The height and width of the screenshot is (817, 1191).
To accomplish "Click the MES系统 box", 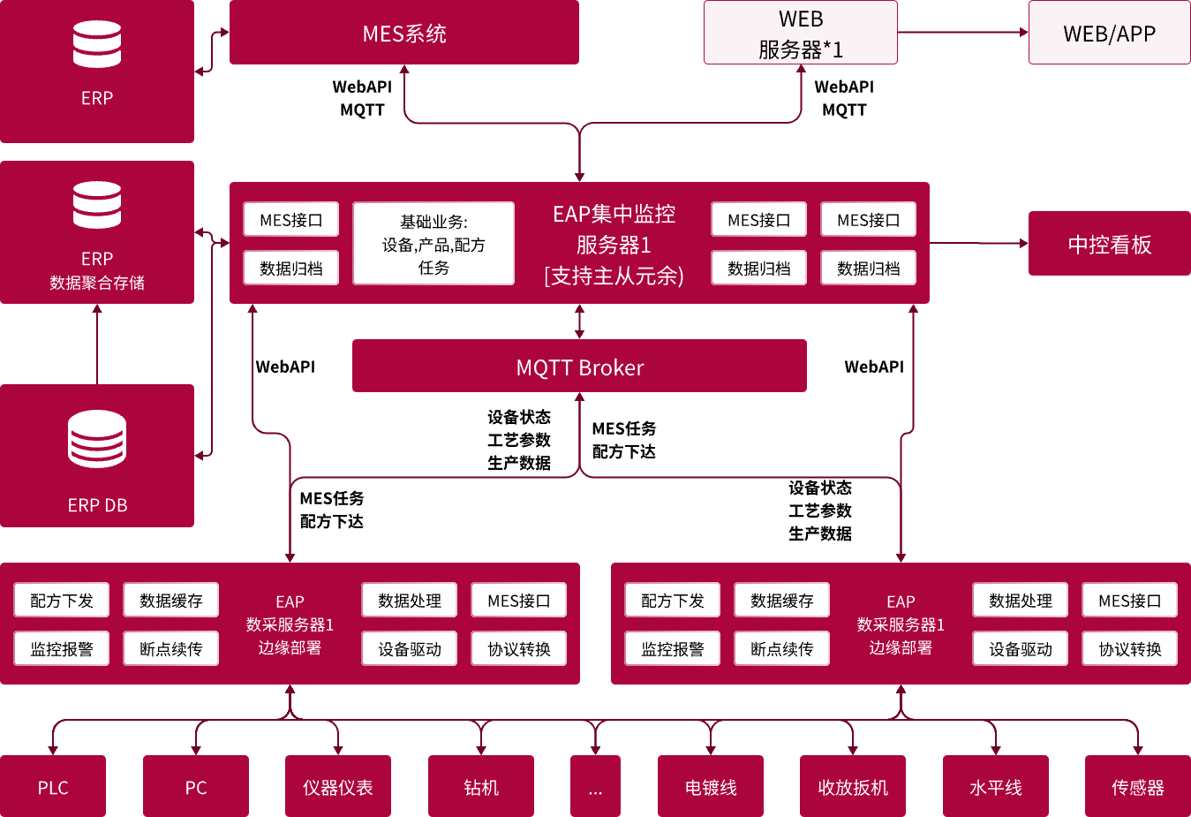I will (403, 33).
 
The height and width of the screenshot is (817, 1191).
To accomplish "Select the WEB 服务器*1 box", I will (800, 34).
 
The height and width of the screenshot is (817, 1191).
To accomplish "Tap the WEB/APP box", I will (1109, 34).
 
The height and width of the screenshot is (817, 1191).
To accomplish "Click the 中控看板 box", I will (1109, 244).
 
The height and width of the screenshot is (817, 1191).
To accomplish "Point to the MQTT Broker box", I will (579, 367).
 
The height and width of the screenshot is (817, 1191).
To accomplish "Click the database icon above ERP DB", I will (97, 439).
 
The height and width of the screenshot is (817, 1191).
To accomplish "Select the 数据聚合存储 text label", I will (97, 283).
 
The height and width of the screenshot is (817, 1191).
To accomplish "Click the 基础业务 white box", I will (433, 244).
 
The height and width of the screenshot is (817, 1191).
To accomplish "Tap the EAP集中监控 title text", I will (614, 214).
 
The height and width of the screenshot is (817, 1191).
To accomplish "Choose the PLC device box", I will (53, 786).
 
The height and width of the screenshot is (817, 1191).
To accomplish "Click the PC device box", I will (195, 786).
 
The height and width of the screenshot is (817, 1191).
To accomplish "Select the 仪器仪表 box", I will (338, 786).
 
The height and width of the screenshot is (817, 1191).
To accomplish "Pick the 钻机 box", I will (481, 786).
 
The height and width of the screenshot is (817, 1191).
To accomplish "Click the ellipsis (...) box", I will (595, 786).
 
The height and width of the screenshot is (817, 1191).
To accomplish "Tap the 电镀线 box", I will (711, 786).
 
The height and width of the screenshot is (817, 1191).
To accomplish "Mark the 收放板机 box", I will (853, 786).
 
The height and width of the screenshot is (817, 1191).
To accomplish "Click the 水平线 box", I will (995, 786).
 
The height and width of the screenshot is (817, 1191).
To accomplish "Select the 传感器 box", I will (1137, 786).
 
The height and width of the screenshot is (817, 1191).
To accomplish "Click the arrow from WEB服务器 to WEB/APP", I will (962, 33).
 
